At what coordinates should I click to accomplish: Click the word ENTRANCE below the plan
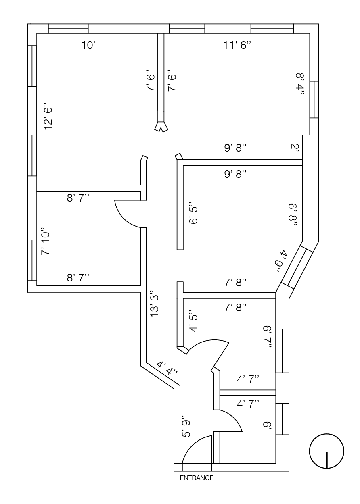click(x=196, y=478)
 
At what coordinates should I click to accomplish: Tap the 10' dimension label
click(x=88, y=45)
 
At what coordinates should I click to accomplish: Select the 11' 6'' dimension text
click(x=237, y=45)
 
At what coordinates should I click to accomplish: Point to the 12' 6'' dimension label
click(x=49, y=117)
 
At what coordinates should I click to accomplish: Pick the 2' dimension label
click(x=295, y=147)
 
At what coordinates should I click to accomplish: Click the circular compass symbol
click(x=327, y=451)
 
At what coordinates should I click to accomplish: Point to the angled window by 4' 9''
click(x=297, y=267)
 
